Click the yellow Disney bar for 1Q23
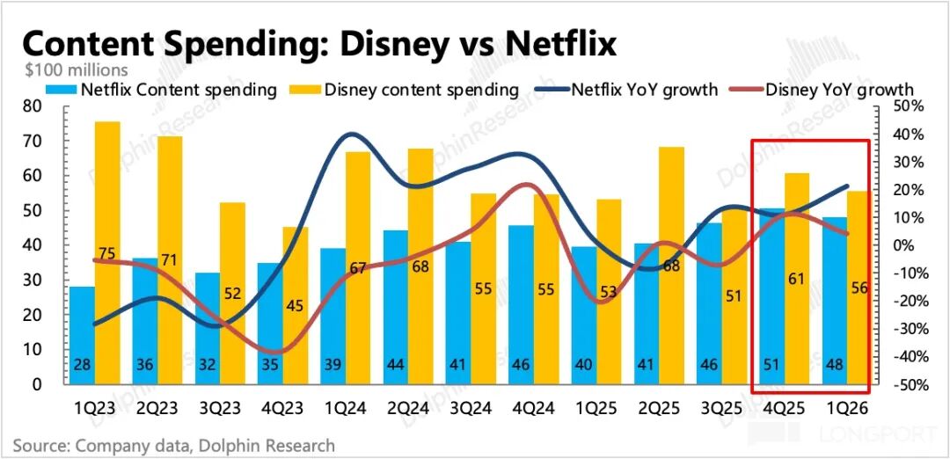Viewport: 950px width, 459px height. tap(107, 253)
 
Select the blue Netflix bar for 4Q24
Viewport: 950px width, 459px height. tap(522, 305)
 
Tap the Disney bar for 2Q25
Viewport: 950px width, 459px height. tap(671, 266)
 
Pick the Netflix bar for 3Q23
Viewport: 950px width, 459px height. tap(208, 329)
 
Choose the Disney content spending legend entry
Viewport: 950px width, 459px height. tap(404, 90)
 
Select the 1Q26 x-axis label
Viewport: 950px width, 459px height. tap(847, 408)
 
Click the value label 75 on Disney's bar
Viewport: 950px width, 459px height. tap(106, 254)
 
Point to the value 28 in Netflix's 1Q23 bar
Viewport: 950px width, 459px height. tap(82, 366)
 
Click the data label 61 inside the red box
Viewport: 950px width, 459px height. tap(797, 279)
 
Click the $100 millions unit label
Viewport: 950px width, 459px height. tap(77, 69)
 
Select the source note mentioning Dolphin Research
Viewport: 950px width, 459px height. tap(174, 447)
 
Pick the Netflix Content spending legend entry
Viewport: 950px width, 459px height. tap(162, 90)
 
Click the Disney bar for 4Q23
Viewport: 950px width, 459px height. tap(295, 306)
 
